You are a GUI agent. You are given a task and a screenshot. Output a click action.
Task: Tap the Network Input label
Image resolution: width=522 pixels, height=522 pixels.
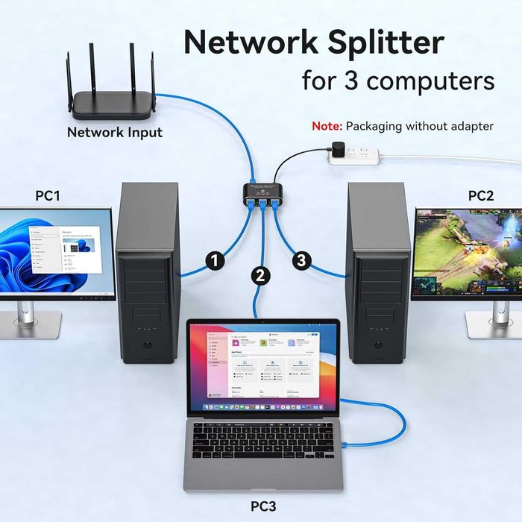(114, 133)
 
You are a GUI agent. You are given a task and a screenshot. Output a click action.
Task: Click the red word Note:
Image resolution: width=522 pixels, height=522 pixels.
(327, 126)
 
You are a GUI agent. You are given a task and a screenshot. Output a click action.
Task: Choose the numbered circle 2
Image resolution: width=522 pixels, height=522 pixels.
(260, 275)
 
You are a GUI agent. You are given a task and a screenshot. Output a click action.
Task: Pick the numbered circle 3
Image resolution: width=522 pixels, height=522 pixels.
(301, 260)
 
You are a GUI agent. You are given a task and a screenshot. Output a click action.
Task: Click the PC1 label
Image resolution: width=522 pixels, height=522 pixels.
(48, 196)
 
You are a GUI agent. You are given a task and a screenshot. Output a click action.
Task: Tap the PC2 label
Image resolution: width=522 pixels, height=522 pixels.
(481, 196)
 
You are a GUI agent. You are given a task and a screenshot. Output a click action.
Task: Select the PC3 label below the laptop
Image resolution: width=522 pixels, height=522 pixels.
(262, 506)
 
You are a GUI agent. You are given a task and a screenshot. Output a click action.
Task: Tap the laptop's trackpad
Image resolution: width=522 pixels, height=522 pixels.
(262, 474)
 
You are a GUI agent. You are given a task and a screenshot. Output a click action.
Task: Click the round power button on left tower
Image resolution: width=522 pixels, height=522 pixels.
(148, 346)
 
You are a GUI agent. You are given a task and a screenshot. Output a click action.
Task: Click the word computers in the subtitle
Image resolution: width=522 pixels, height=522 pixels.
(431, 80)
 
